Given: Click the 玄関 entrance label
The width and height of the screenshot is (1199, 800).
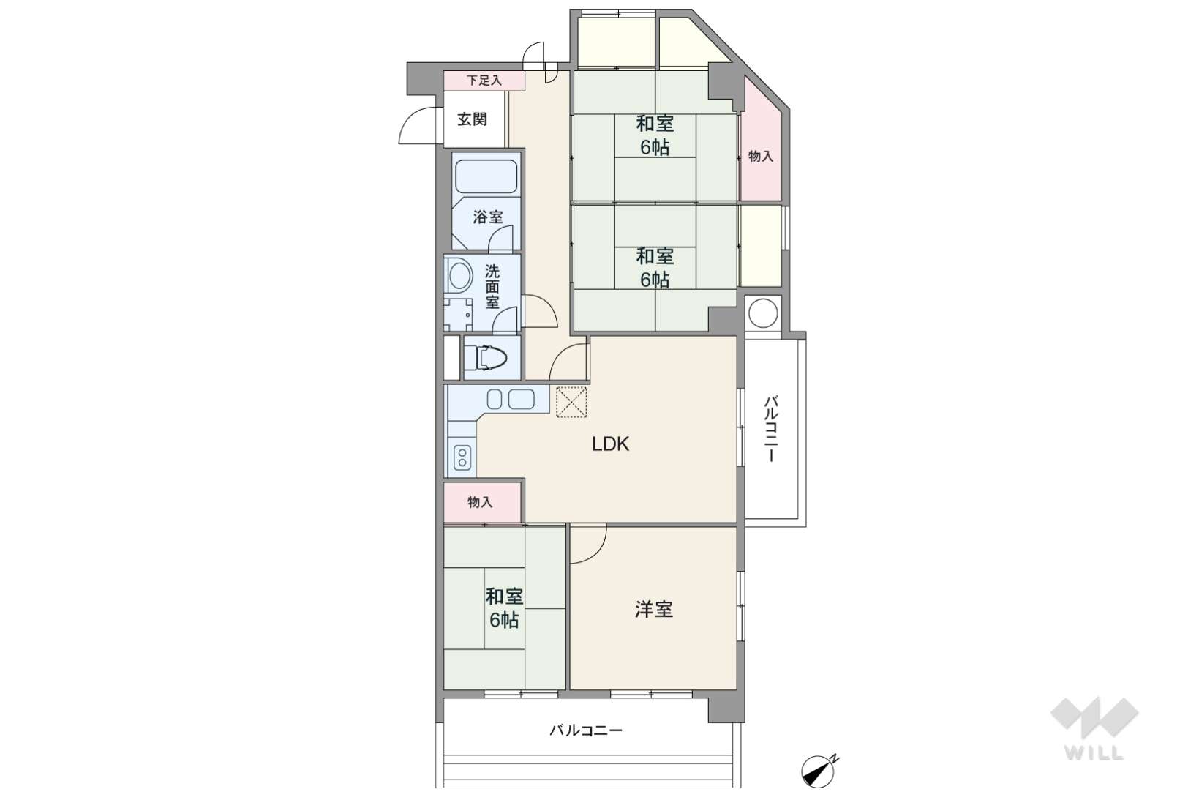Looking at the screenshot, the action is pos(472,119).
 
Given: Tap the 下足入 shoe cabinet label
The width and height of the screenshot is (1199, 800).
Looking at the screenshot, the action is pos(484,81).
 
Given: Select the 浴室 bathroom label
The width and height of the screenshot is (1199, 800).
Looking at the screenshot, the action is pos(488,217).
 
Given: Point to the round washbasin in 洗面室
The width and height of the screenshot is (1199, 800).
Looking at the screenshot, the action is pos(460,276).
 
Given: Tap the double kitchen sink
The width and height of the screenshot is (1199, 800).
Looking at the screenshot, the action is pos(511,399).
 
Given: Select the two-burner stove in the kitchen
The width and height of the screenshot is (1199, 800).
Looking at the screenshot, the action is pos(462,457).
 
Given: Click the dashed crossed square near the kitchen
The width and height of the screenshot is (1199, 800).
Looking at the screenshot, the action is pos(571,402).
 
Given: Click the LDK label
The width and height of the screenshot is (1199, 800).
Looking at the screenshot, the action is pos(610,444).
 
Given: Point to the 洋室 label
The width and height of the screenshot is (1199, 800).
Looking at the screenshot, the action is pos(653,610).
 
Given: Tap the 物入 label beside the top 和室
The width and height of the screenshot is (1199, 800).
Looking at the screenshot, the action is pos(761,157).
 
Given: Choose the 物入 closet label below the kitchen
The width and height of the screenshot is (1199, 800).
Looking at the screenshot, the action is pos(480,502).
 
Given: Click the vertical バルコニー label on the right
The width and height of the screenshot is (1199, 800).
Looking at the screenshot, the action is pos(771,429).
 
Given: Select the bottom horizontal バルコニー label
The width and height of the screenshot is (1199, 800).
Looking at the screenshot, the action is pos(586,730).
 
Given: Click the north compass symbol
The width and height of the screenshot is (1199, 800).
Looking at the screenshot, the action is pos(819,771).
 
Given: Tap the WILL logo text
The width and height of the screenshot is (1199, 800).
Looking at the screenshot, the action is pos(1094,753).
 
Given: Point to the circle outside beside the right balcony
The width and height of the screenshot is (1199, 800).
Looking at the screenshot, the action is pos(763,313).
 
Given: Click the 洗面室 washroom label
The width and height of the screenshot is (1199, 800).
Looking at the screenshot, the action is pos(492,286).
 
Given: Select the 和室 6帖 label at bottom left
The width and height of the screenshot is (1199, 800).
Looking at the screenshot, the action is pos(504,608).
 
